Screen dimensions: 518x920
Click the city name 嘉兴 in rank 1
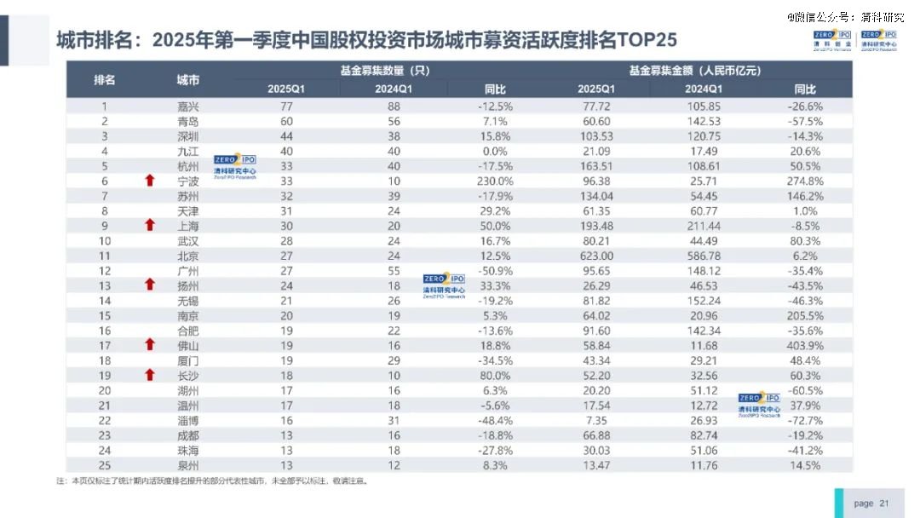(x=187, y=106)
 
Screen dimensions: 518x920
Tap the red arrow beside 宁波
(x=150, y=181)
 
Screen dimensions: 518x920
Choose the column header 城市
(x=187, y=80)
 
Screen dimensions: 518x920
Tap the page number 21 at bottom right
(x=883, y=504)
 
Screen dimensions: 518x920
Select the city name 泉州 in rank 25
(x=187, y=465)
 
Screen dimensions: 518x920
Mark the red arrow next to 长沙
(x=150, y=375)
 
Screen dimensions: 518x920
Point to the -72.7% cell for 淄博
(x=805, y=421)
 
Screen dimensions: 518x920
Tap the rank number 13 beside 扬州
(x=105, y=285)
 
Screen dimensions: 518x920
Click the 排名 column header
(x=105, y=80)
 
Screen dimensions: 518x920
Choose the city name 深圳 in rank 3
(x=187, y=136)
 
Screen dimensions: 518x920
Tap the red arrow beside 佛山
(x=150, y=344)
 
